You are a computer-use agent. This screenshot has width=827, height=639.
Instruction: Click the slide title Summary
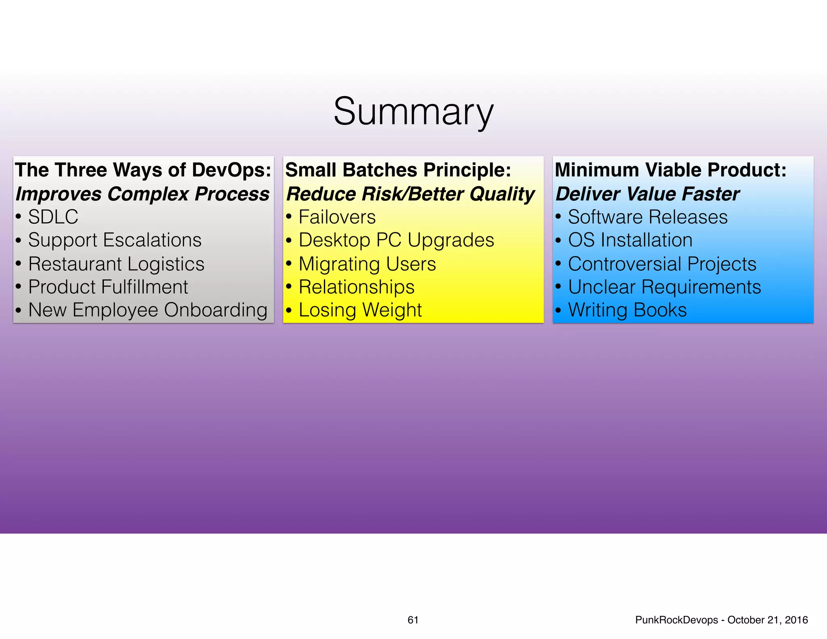(x=413, y=112)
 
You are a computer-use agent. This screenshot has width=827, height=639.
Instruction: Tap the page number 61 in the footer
(x=413, y=620)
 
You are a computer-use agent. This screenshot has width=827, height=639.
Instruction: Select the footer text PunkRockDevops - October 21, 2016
(x=721, y=620)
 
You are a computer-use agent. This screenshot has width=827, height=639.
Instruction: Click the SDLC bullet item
(x=53, y=217)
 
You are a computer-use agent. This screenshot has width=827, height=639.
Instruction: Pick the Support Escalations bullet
(x=115, y=240)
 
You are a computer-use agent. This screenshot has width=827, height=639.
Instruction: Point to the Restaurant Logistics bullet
(x=116, y=264)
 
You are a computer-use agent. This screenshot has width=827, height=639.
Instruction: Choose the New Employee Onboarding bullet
(x=148, y=310)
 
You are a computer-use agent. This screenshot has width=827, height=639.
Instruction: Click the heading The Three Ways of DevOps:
(x=143, y=170)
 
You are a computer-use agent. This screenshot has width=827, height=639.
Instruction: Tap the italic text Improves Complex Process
(x=142, y=194)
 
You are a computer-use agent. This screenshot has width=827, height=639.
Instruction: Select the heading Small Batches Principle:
(x=398, y=170)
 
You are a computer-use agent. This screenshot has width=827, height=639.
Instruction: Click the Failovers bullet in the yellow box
(x=337, y=217)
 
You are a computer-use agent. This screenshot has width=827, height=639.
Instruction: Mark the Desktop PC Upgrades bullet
(x=396, y=240)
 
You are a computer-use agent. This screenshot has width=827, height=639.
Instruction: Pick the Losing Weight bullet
(x=360, y=310)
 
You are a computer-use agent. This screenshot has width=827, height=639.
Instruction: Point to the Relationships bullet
(x=356, y=287)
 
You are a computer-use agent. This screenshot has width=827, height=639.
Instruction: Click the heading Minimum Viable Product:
(x=671, y=170)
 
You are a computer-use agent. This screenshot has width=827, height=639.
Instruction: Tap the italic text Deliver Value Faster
(x=647, y=194)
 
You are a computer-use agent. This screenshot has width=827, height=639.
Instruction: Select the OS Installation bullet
(x=630, y=240)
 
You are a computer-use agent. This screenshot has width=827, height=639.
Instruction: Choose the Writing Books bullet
(x=627, y=310)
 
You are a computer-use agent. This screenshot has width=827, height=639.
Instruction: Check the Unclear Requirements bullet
(x=664, y=287)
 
